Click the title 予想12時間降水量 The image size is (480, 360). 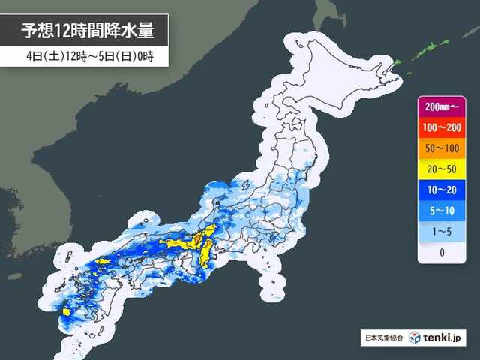pos(88,31)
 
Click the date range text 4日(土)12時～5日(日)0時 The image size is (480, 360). pos(88,56)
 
